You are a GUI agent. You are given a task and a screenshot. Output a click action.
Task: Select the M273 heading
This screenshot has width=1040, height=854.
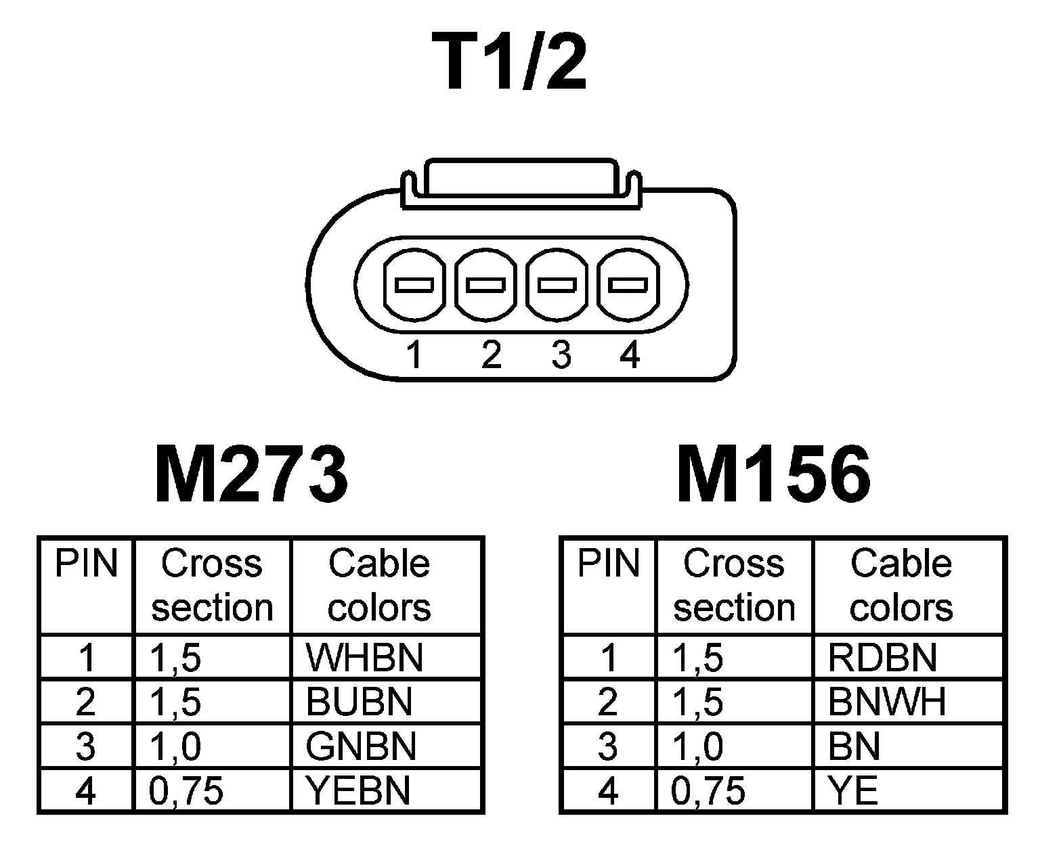[x=251, y=475]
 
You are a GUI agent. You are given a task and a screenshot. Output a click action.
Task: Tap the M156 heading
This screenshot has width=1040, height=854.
[x=773, y=475]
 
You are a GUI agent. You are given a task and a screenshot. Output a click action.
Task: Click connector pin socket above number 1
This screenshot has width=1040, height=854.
[x=414, y=285]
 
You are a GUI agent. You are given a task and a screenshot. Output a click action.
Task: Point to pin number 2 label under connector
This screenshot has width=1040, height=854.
[x=491, y=355]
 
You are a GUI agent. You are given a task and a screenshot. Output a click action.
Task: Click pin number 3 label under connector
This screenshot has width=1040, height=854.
[x=561, y=355]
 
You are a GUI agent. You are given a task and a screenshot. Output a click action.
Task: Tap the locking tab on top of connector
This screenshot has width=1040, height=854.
[x=521, y=181]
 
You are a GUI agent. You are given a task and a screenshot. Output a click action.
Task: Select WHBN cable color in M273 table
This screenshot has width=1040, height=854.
[x=364, y=657]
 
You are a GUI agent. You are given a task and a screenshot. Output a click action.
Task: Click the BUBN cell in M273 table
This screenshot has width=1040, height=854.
[x=359, y=702]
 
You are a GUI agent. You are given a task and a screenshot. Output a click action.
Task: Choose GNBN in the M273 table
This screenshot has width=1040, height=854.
[x=361, y=746]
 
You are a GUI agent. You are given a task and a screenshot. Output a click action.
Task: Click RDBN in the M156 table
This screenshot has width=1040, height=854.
[x=882, y=657]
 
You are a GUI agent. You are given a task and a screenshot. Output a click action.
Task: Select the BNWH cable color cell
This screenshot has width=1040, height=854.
[x=886, y=702]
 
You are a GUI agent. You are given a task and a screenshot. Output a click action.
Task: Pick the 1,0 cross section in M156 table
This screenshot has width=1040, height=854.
[x=697, y=746]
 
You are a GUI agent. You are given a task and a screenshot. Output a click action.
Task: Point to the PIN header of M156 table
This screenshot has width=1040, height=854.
[x=608, y=564]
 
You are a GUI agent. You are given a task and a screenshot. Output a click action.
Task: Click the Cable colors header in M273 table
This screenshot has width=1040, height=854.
[x=379, y=585]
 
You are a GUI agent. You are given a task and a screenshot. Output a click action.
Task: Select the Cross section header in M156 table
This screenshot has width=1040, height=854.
[x=734, y=585]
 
